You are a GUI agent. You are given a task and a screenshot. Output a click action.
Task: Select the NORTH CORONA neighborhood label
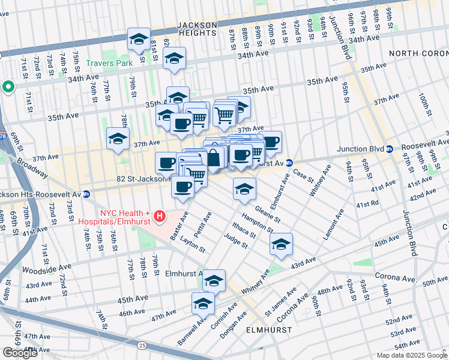click(x=418, y=53)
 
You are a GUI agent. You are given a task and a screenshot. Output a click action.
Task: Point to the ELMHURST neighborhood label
click(x=269, y=330)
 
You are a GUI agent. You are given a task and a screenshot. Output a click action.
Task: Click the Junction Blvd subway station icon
click(x=390, y=149)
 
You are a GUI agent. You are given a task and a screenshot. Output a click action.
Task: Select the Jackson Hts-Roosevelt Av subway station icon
click(x=86, y=194)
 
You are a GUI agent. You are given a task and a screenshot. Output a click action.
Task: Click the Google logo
click(x=20, y=353)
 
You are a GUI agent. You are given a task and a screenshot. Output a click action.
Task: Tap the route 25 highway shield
click(x=142, y=345)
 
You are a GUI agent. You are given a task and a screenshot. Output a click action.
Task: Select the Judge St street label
click(x=236, y=241)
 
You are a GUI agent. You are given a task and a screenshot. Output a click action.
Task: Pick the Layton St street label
click(x=193, y=245)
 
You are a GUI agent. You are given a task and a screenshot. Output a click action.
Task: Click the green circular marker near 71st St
click(x=8, y=87)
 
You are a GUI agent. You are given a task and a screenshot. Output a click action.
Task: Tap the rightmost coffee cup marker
click(x=271, y=142)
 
